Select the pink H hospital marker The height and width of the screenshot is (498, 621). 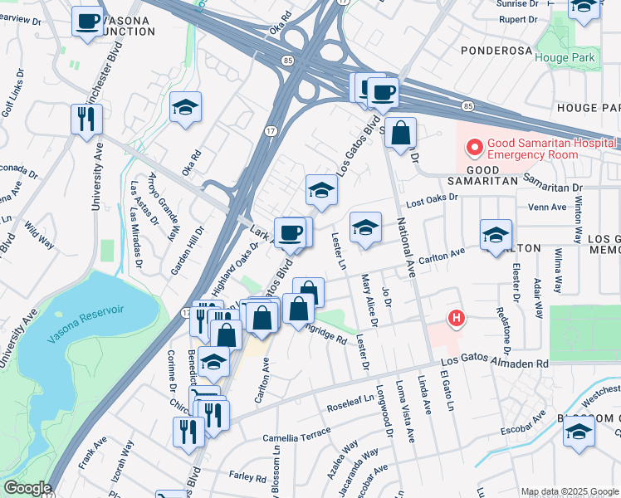pyautogui.click(x=456, y=317)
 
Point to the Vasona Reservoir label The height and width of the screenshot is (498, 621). pyautogui.click(x=86, y=310)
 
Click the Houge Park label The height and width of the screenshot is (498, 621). pyautogui.click(x=565, y=57)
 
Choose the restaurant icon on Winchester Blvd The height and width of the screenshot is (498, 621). pyautogui.click(x=86, y=119)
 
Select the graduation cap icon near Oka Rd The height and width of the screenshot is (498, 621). pyautogui.click(x=186, y=106)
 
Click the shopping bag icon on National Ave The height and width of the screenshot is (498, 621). pyautogui.click(x=400, y=133)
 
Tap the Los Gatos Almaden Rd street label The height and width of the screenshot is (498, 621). pyautogui.click(x=494, y=364)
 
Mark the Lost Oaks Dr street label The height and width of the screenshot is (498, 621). pyautogui.click(x=431, y=198)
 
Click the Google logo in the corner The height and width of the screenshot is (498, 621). pyautogui.click(x=27, y=488)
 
